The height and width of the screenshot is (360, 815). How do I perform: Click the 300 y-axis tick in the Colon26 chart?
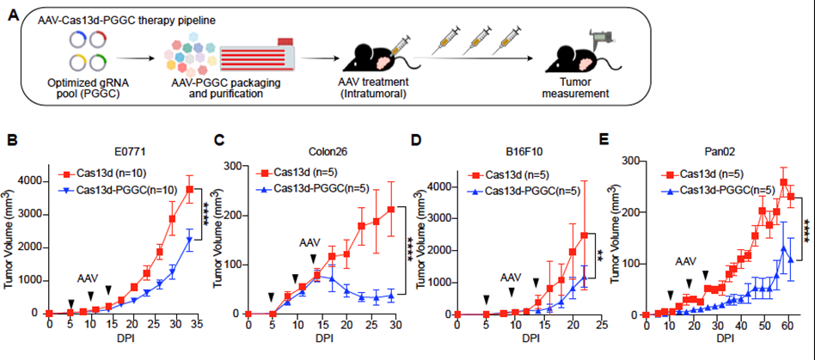point(235,166)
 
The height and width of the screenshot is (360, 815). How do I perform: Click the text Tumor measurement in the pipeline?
point(579,88)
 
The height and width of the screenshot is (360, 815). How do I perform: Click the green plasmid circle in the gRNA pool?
point(96,63)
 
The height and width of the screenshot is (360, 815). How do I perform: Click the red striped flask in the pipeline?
point(258,54)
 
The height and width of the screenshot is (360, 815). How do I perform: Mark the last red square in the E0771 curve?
point(190,189)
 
